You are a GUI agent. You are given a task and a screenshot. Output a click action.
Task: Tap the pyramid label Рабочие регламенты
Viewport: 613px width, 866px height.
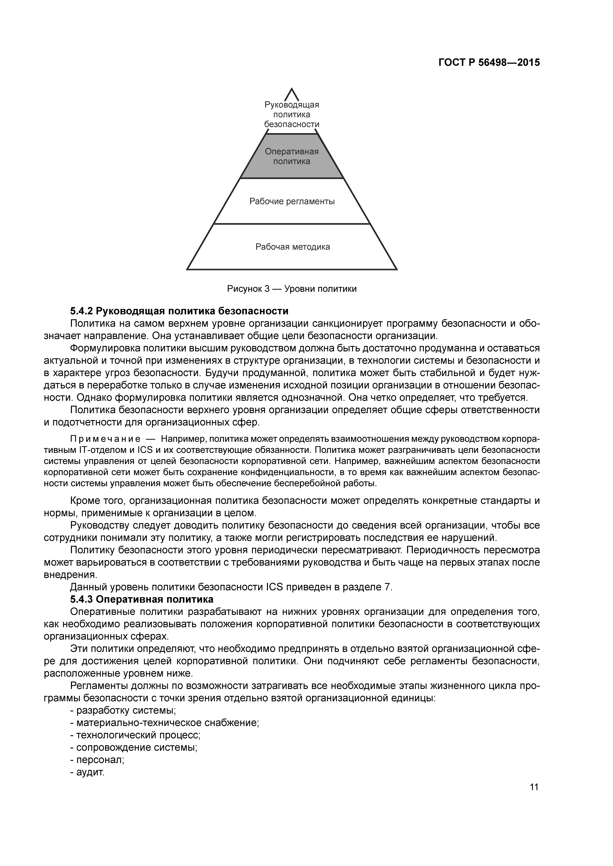click(x=292, y=201)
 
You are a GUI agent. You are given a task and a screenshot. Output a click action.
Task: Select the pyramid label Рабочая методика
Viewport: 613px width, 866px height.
click(x=292, y=247)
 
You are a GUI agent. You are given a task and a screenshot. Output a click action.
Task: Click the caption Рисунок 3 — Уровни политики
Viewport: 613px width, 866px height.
click(x=291, y=289)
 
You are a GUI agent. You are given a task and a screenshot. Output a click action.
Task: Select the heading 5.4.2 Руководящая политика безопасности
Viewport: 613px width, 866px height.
click(x=179, y=311)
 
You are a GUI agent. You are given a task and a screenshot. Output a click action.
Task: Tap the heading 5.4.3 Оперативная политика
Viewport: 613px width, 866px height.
click(x=142, y=599)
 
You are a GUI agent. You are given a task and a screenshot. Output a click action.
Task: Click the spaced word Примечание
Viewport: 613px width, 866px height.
click(x=105, y=439)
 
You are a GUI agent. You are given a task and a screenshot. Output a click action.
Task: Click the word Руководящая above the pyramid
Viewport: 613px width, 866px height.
click(x=292, y=105)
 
